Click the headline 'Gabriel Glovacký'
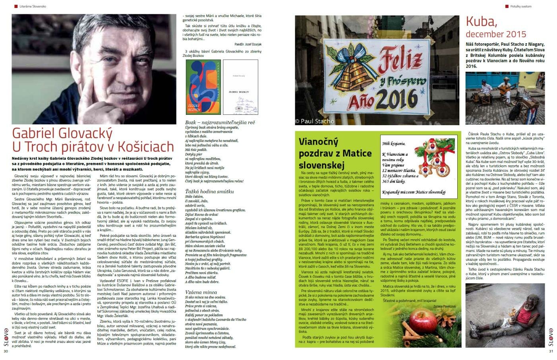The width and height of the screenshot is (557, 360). (62, 133)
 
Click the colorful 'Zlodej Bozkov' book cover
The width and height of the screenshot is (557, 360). (203, 87)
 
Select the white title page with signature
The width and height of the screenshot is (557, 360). (240, 87)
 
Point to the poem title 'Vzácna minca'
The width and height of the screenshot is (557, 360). (202, 292)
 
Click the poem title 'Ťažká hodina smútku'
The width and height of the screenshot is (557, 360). (210, 191)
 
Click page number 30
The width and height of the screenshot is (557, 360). (6, 351)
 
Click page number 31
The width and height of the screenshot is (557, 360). (551, 351)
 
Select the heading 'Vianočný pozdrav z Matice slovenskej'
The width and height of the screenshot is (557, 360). (335, 153)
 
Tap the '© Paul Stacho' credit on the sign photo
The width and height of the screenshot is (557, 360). (314, 121)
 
